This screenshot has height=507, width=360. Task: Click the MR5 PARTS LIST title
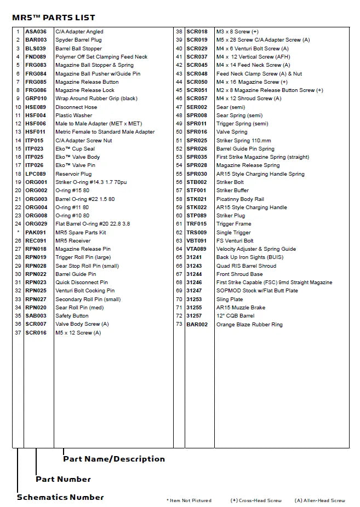pyautogui.click(x=54, y=18)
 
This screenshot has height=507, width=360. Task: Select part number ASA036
pyautogui.click(x=36, y=32)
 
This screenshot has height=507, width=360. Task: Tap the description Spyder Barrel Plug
pyautogui.click(x=78, y=40)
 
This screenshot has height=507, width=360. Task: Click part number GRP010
pyautogui.click(x=36, y=99)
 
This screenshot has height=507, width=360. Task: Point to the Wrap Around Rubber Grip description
pyautogui.click(x=96, y=99)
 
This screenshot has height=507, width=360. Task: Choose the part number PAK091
pyautogui.click(x=36, y=232)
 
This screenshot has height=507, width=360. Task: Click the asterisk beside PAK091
pyautogui.click(x=18, y=232)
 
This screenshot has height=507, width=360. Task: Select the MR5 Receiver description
pyautogui.click(x=73, y=241)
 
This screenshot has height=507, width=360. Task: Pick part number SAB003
pyautogui.click(x=36, y=316)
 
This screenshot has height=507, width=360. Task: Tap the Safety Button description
pyautogui.click(x=72, y=316)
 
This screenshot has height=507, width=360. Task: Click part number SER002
pyautogui.click(x=197, y=107)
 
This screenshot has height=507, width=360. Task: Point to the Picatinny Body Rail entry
pyautogui.click(x=240, y=199)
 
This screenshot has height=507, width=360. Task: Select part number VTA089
pyautogui.click(x=197, y=249)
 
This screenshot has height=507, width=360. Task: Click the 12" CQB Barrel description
pyautogui.click(x=235, y=316)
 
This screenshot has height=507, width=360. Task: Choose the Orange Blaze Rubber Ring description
pyautogui.click(x=249, y=325)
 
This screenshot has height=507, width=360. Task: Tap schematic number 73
pyautogui.click(x=179, y=325)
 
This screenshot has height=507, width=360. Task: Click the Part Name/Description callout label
pyautogui.click(x=113, y=459)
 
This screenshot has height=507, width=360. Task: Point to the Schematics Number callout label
pyautogui.click(x=60, y=497)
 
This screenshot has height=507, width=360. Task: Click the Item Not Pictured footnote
pyautogui.click(x=189, y=500)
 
